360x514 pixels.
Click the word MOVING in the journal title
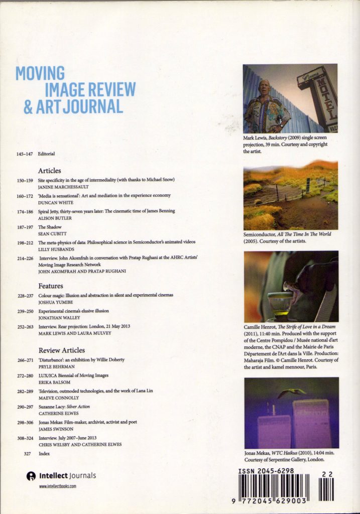coord(40,73)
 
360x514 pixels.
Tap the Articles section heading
coord(49,171)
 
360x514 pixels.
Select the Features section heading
coord(51,286)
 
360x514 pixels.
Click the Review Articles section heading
coord(62,350)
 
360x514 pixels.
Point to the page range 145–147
coord(24,154)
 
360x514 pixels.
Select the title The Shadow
coord(50,227)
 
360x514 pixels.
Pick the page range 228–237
coord(24,295)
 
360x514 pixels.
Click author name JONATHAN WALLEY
coord(58,318)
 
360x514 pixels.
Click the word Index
coord(44,453)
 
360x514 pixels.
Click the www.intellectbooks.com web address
coord(57,486)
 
